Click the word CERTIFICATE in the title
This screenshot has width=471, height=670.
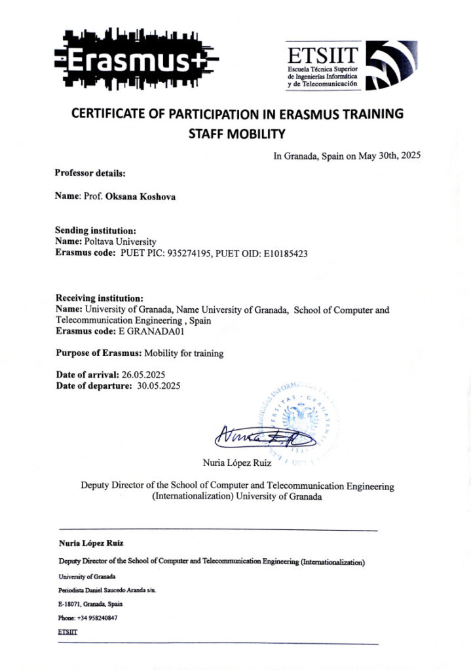tap(114, 113)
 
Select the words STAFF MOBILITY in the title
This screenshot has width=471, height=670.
tap(236, 135)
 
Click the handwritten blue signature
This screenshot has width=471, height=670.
tap(265, 434)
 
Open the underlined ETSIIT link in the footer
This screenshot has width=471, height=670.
tap(67, 633)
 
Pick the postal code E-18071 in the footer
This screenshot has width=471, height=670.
tap(70, 604)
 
